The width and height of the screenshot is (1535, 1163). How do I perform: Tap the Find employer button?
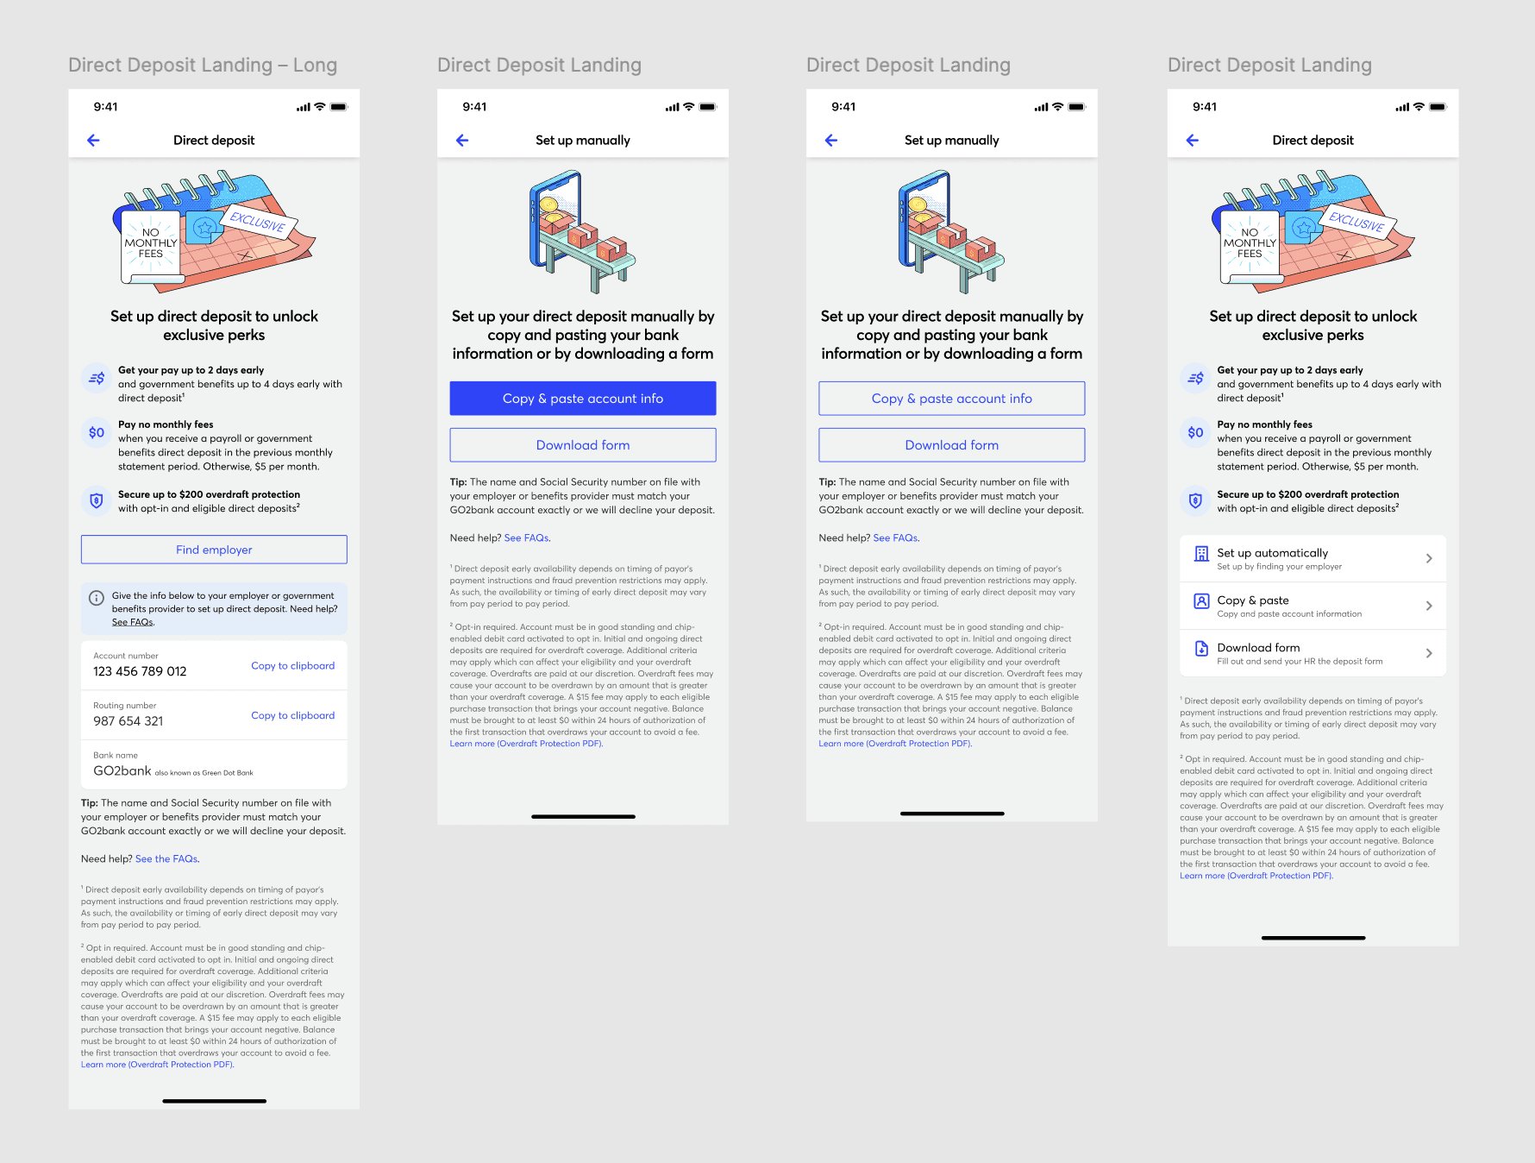point(214,550)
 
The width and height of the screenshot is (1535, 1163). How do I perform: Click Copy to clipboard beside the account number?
point(293,666)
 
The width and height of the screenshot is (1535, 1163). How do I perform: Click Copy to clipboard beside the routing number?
point(293,716)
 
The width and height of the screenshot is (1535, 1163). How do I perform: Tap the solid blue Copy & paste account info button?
point(583,399)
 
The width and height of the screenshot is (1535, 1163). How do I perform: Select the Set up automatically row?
point(1313,558)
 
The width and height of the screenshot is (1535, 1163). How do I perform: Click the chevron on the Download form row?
point(1429,653)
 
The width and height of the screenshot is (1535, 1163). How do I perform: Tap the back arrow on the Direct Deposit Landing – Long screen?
point(94,140)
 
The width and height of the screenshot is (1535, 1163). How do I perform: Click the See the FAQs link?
point(166,859)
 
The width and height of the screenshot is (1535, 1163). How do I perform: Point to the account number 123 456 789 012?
point(140,671)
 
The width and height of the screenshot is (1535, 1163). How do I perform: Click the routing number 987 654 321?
point(128,721)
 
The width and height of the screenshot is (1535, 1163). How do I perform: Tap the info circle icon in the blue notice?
point(97,598)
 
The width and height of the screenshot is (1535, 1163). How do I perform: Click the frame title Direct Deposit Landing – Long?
point(203,65)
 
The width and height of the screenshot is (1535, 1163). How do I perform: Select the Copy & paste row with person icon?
point(1313,606)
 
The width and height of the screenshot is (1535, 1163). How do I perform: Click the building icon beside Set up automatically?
point(1201,554)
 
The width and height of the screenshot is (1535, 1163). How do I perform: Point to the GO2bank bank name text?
point(122,770)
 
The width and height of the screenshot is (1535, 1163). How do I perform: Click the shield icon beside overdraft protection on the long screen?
point(97,500)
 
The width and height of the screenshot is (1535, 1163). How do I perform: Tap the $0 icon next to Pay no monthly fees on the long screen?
point(97,432)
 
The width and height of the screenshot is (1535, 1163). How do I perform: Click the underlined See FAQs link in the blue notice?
point(133,623)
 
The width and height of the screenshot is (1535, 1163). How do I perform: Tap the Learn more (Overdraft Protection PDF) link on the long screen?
point(158,1065)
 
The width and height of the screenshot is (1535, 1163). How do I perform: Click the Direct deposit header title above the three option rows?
point(1313,140)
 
